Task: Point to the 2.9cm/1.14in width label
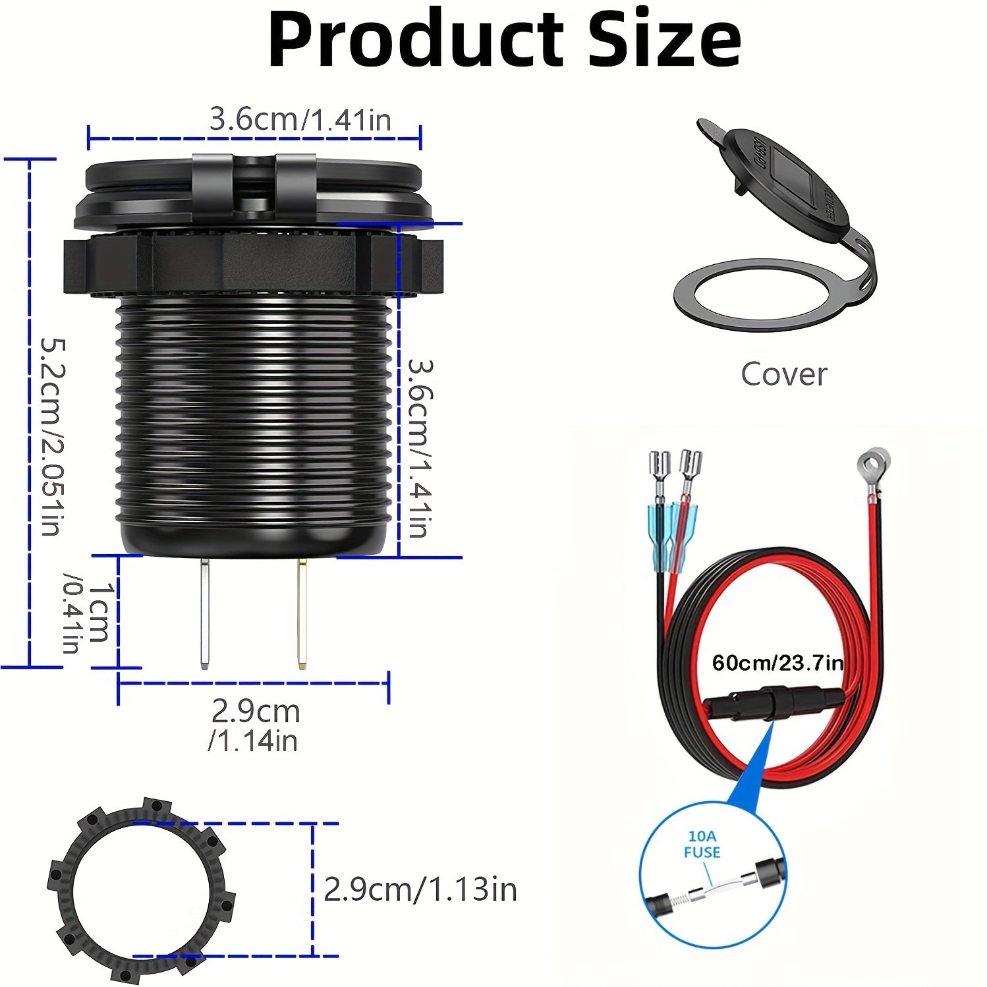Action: click(x=254, y=725)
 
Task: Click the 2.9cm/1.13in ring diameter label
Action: click(x=420, y=889)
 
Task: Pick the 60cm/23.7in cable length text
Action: click(x=777, y=662)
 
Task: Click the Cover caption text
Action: click(x=783, y=374)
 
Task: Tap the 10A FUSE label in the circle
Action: click(x=702, y=844)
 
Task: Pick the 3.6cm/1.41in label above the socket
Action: click(x=300, y=120)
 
